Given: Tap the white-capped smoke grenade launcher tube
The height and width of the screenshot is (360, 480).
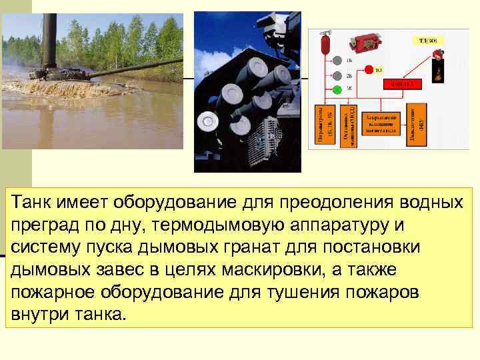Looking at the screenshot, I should pyautogui.click(x=207, y=121).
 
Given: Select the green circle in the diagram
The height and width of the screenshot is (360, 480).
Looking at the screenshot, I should pyautogui.click(x=337, y=89).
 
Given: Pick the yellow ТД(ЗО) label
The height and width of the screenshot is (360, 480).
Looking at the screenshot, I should pyautogui.click(x=427, y=41).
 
